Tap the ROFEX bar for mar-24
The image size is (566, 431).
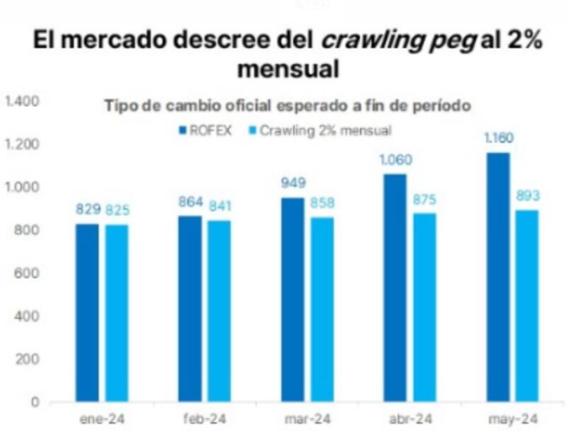pos(292,299)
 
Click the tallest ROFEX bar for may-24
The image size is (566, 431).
pos(498,277)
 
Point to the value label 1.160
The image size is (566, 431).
pos(498,138)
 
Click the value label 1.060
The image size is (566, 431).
pos(395,160)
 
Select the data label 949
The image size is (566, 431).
pos(292,184)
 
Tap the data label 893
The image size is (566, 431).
pos(527,196)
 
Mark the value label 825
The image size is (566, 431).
pos(117,210)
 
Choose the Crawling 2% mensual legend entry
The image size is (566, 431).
pos(322,130)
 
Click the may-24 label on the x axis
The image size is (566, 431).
pos(512,419)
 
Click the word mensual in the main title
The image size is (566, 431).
pos(287,71)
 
